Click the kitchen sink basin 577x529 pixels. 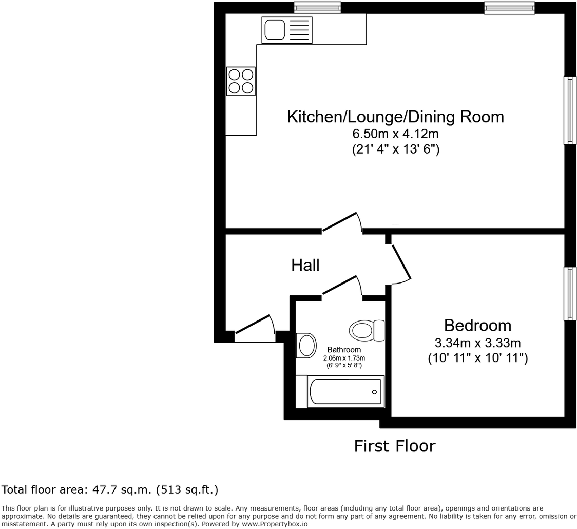pos(274,29)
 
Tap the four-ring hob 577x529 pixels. pos(241,81)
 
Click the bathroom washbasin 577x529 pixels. pos(306,346)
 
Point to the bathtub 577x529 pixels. pos(340,392)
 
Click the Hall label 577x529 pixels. pos(305,265)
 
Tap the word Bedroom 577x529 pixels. pos(477,326)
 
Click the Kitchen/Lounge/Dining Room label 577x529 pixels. pos(396,117)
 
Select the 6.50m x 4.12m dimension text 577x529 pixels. pos(396,133)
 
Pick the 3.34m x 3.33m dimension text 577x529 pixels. pos(477,343)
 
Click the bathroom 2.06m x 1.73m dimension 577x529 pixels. pos(344,358)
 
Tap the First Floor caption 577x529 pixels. pos(395,446)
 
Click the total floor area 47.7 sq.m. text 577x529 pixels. pos(110,490)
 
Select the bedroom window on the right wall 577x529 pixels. pos(570,293)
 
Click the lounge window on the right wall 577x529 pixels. pos(570,110)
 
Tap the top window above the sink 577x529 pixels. pos(318,7)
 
